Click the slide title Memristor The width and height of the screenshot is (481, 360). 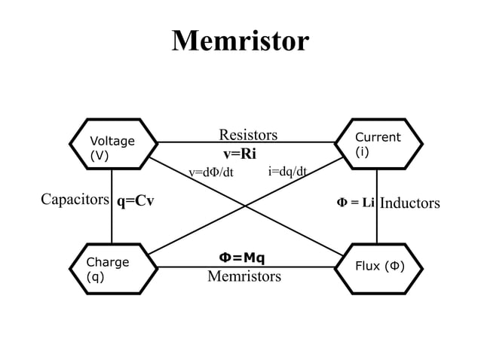tap(240, 41)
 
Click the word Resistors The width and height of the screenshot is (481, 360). tap(248, 135)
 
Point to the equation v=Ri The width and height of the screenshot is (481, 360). tap(240, 154)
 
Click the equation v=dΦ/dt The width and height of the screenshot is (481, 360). tap(211, 172)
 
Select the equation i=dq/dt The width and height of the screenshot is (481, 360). tap(287, 171)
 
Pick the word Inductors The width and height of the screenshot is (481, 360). tap(409, 203)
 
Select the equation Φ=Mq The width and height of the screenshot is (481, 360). tap(242, 258)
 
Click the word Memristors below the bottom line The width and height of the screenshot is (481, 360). tap(244, 276)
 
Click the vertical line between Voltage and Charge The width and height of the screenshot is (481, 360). tap(112, 226)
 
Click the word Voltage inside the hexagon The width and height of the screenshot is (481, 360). tap(112, 141)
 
